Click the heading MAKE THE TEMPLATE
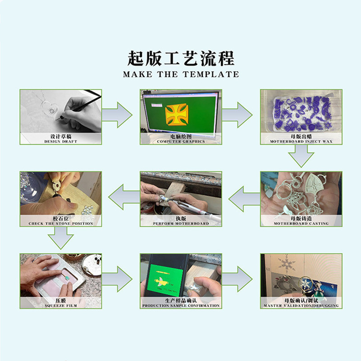(x=181, y=74)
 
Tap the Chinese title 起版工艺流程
(x=181, y=58)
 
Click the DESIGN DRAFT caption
(x=61, y=141)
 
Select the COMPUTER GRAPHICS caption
(x=181, y=141)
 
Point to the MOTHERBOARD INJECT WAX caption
(x=301, y=141)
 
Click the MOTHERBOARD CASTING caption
(x=301, y=223)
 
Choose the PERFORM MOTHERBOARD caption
(x=181, y=223)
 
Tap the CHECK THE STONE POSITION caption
(x=61, y=223)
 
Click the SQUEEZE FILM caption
(x=61, y=305)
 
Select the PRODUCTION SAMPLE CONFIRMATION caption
(x=181, y=305)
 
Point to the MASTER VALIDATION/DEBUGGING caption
(x=301, y=305)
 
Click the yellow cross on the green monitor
(x=176, y=114)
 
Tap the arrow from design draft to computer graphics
(x=117, y=115)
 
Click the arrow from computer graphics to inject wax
(x=237, y=115)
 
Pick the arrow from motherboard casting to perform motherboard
(x=244, y=199)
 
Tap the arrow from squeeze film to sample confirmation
(x=117, y=279)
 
